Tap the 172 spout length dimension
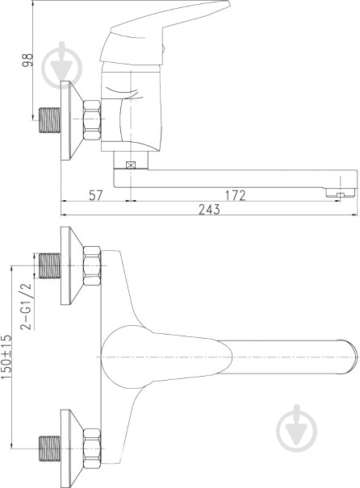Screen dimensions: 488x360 234,195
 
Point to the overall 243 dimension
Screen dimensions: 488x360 209,209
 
